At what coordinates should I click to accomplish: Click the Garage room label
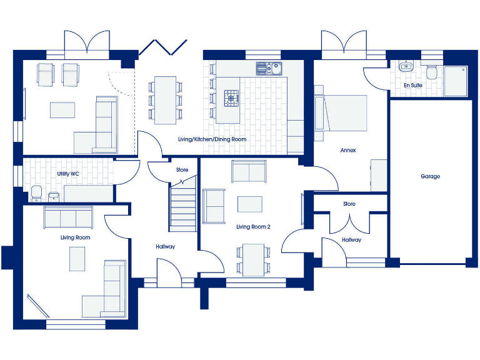coord(430,177)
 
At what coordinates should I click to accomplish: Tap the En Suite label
coord(412,85)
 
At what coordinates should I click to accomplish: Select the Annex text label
coord(348,151)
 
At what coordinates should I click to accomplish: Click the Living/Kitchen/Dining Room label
coord(212,139)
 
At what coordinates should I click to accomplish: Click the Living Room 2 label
coord(253,227)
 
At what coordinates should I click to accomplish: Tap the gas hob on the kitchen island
coord(232,97)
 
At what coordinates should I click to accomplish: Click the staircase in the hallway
coord(183,206)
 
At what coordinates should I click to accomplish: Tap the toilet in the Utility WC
coord(36,194)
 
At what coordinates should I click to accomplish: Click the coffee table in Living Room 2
coord(251,204)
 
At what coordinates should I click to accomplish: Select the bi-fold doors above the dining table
coord(163,47)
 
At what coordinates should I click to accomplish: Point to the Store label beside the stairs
coord(182,170)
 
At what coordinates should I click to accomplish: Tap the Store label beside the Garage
coord(349,204)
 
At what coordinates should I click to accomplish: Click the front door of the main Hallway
coord(167,275)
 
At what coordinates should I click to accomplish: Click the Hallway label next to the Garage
coord(351,240)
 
